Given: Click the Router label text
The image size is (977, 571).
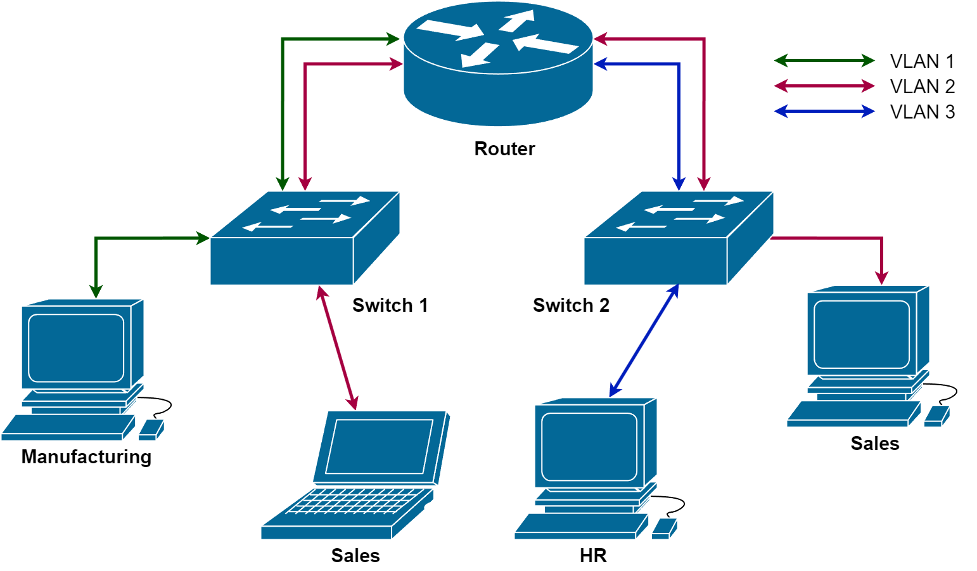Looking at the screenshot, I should (x=504, y=149).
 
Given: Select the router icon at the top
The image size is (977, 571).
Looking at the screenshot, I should (x=498, y=63).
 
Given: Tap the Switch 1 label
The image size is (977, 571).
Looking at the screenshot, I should (x=390, y=305).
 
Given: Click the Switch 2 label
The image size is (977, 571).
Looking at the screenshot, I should (x=571, y=305).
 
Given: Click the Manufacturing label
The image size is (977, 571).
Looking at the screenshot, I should (x=86, y=457).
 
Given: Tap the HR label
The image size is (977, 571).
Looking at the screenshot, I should (x=593, y=556).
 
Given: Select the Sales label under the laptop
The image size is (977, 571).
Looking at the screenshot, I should (x=355, y=556).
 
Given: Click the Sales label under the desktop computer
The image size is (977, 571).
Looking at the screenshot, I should (x=875, y=444).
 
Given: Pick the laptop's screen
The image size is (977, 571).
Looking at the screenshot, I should (x=379, y=447).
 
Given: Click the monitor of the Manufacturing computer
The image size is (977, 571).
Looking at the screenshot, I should (x=76, y=348).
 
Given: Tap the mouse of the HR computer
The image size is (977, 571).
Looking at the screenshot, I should (x=663, y=528).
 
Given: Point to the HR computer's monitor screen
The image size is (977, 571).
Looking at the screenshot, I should (x=589, y=447).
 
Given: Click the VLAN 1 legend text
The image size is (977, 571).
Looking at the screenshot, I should (x=922, y=61).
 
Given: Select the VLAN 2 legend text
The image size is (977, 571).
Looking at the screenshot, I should (x=922, y=87).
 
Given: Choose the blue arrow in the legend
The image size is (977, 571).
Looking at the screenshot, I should (x=824, y=112).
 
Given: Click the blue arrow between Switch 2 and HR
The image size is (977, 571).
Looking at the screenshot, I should (x=644, y=341).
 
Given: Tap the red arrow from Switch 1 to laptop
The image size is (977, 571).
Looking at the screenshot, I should (x=338, y=348).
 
